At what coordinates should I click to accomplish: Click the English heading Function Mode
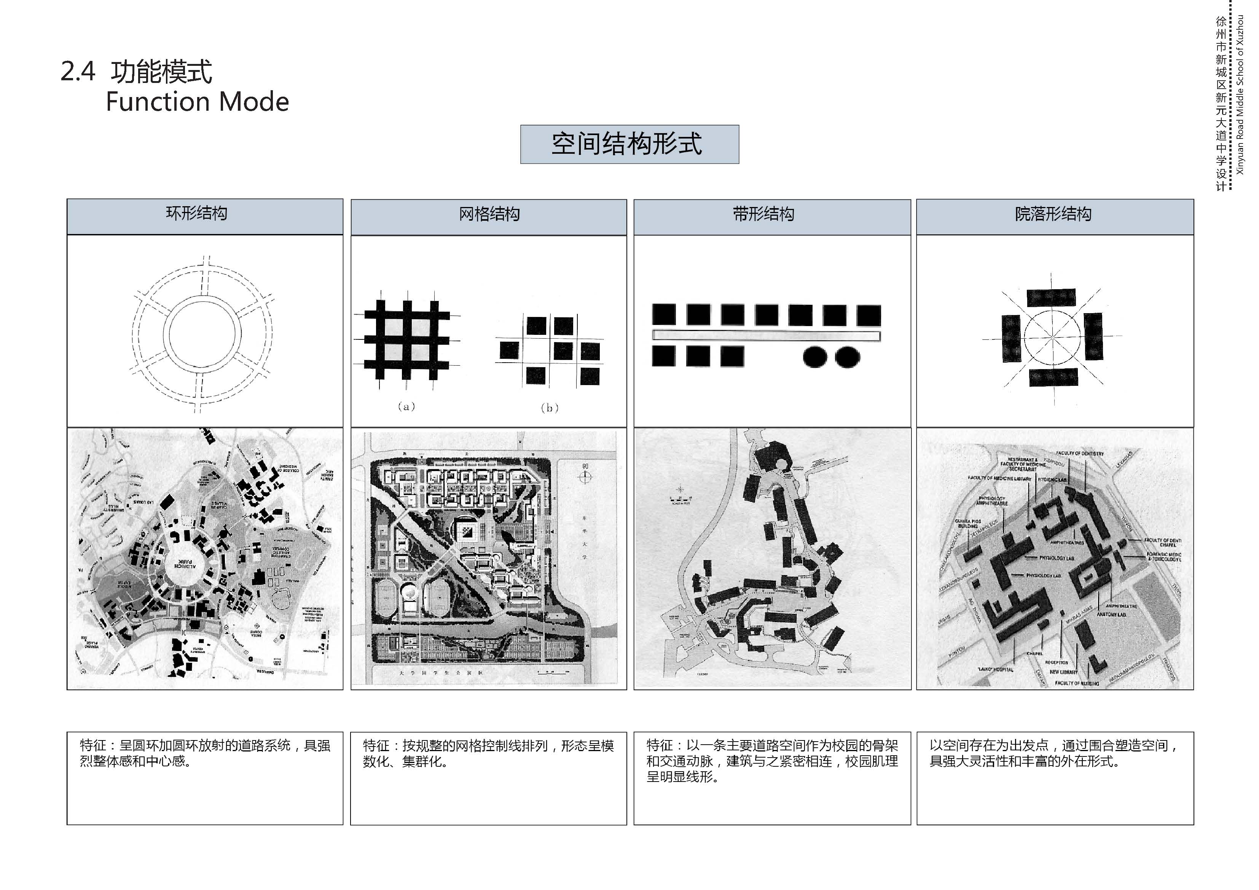click(x=197, y=102)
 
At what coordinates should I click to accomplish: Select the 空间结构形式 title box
click(x=629, y=144)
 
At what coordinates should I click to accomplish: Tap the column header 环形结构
click(x=197, y=213)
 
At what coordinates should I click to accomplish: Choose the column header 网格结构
click(x=489, y=214)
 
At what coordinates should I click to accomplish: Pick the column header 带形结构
click(x=763, y=214)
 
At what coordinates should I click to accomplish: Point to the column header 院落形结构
click(x=1053, y=214)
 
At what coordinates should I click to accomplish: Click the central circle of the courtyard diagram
click(x=1052, y=336)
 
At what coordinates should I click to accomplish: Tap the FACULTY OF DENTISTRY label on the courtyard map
click(x=1080, y=454)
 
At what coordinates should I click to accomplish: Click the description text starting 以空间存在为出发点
click(x=1053, y=753)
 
